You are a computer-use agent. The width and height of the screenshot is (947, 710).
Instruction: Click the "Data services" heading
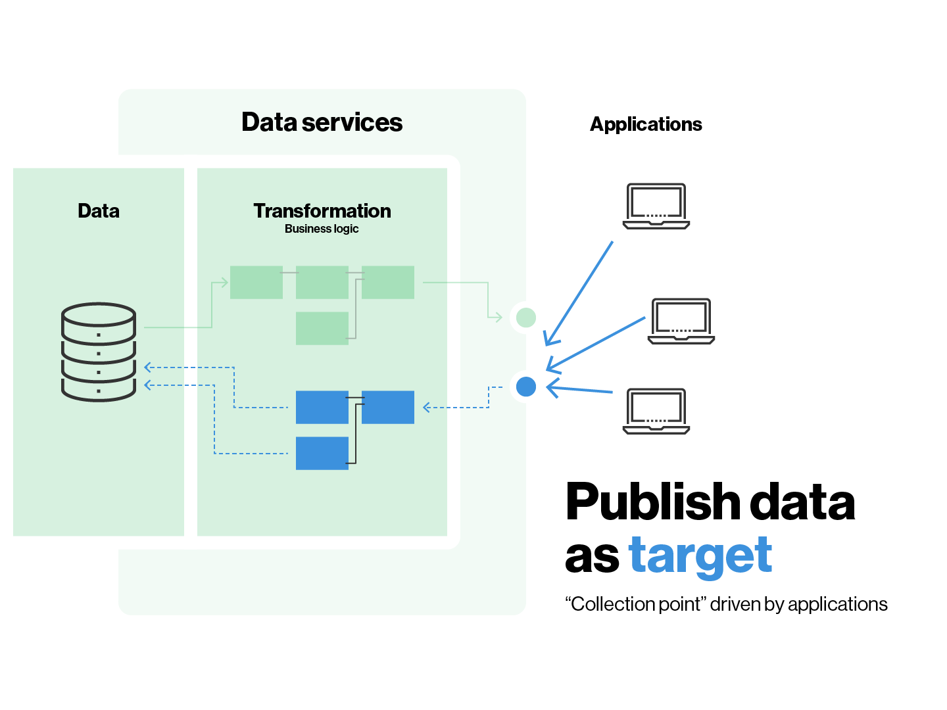click(322, 122)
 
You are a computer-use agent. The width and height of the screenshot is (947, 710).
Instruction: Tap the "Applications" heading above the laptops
click(646, 124)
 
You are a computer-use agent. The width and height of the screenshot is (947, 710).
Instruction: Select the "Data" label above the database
click(99, 211)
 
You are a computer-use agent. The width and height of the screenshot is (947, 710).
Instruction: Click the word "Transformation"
click(322, 211)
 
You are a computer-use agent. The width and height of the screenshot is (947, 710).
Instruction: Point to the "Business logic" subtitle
click(322, 229)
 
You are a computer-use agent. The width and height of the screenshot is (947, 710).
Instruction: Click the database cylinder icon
click(99, 352)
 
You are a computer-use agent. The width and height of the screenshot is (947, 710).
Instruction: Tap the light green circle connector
click(526, 318)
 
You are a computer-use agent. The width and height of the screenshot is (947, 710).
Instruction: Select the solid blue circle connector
click(526, 387)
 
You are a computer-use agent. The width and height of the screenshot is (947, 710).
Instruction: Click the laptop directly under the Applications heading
click(656, 206)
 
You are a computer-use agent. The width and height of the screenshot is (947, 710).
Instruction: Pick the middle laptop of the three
click(681, 321)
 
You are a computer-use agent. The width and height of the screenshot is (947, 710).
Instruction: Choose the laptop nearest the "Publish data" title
click(656, 411)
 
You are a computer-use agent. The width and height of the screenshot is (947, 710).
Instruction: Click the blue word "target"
click(700, 556)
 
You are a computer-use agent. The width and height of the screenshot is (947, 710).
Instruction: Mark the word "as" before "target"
click(592, 557)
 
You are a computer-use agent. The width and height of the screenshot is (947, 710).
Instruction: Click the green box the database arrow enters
click(256, 283)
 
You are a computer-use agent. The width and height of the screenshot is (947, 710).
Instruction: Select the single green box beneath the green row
click(322, 329)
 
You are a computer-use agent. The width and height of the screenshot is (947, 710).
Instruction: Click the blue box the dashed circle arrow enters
click(388, 408)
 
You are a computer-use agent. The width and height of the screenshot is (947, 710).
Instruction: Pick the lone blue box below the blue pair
click(322, 454)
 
